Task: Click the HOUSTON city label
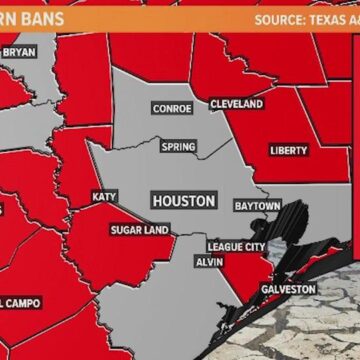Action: [184, 201]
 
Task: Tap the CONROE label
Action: [172, 108]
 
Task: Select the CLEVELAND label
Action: [237, 104]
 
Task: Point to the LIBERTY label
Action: [289, 151]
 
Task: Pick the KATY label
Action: [103, 196]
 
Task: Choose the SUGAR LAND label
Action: [140, 228]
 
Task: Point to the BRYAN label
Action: [18, 52]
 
